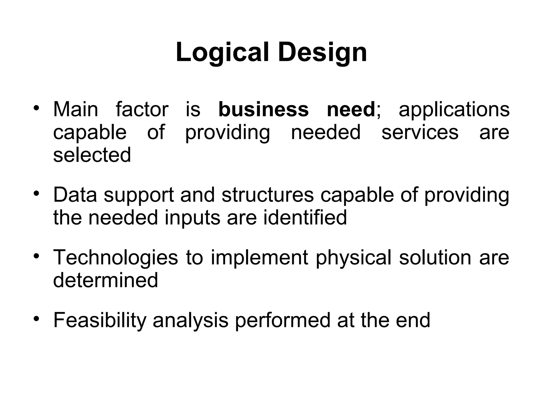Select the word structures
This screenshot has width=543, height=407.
(268, 195)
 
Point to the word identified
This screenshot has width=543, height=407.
(305, 218)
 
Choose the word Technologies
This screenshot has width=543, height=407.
(116, 258)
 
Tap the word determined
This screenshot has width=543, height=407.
(106, 280)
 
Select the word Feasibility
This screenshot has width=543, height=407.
(100, 320)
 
